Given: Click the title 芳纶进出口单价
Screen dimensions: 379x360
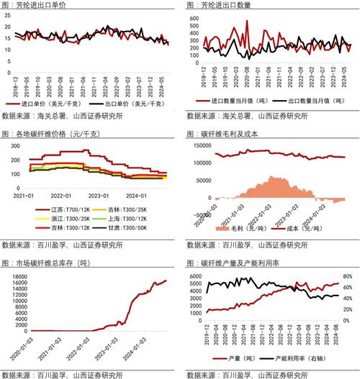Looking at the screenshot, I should tap(44, 6).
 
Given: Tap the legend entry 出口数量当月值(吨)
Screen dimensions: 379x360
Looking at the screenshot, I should tap(309, 102).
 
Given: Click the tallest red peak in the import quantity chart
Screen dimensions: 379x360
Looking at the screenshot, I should tap(247, 22).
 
